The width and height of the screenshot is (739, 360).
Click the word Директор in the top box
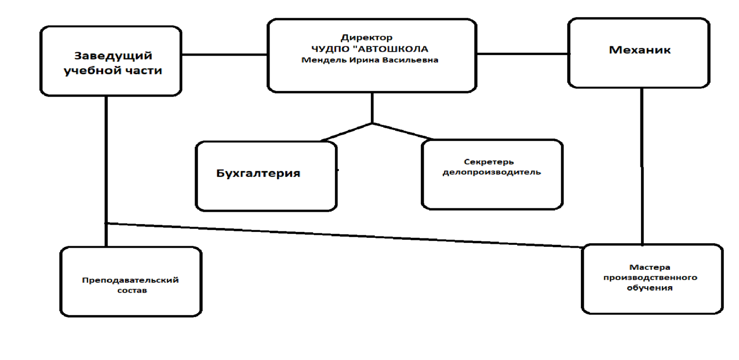point(367,38)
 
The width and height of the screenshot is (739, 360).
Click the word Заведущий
point(113,56)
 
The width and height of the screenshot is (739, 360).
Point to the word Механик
point(639,50)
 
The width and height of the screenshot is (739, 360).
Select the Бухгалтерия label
point(258,173)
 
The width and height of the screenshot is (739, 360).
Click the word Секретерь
point(489,162)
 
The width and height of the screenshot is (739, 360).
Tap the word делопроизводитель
point(492,172)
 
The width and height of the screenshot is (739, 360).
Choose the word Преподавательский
point(131,281)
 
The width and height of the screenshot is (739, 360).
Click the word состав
point(132,291)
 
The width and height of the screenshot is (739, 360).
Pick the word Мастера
point(650,267)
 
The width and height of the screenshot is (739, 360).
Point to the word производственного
point(650,278)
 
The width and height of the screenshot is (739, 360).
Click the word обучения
point(650,288)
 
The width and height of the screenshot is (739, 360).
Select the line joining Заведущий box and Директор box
point(224,55)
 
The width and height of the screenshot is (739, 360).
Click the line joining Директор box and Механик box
point(523,54)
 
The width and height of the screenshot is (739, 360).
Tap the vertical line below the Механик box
point(642,166)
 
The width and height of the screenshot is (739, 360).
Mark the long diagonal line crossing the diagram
point(344,235)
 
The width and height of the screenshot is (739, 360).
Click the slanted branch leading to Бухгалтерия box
point(346,132)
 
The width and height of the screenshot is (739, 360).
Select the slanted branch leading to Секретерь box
point(403,131)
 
